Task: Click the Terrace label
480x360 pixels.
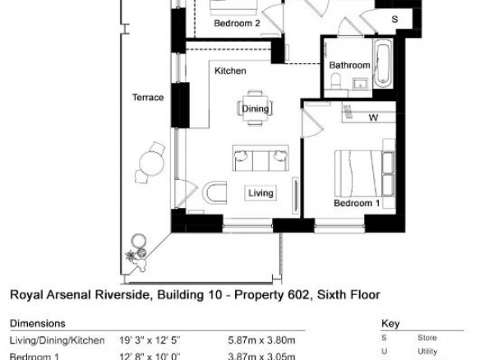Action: click(x=148, y=97)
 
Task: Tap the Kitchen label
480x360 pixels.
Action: click(x=230, y=71)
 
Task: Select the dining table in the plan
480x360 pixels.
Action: click(x=255, y=108)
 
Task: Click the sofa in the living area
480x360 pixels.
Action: click(x=261, y=158)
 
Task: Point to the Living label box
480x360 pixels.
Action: click(x=261, y=193)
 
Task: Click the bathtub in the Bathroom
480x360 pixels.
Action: click(x=383, y=64)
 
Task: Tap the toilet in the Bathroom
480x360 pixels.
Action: click(x=336, y=81)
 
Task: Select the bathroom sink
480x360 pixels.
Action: click(x=361, y=84)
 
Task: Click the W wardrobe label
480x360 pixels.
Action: click(x=373, y=118)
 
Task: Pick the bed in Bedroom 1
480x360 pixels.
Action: click(x=365, y=173)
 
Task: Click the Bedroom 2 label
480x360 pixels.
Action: click(x=238, y=23)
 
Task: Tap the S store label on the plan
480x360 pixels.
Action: click(x=395, y=19)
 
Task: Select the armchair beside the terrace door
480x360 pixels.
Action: click(x=215, y=193)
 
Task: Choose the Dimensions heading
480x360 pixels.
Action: click(x=38, y=324)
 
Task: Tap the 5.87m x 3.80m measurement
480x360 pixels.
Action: click(x=261, y=340)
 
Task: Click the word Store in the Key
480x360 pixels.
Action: click(x=427, y=338)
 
